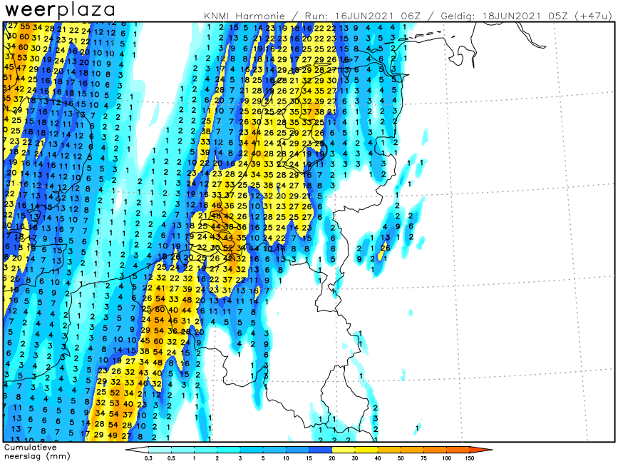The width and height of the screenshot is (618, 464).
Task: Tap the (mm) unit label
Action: point(58,455)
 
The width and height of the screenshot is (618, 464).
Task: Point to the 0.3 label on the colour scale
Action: point(148,458)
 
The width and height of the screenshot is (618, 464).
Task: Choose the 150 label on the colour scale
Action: point(470,458)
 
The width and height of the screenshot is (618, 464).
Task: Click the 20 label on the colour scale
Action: point(332,458)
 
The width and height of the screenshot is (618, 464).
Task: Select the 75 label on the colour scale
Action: point(424,458)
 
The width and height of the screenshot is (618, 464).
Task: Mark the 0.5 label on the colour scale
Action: point(171,458)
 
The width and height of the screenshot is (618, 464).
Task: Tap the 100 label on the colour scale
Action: point(447,458)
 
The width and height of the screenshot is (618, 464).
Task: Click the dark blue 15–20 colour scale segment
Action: point(321,450)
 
